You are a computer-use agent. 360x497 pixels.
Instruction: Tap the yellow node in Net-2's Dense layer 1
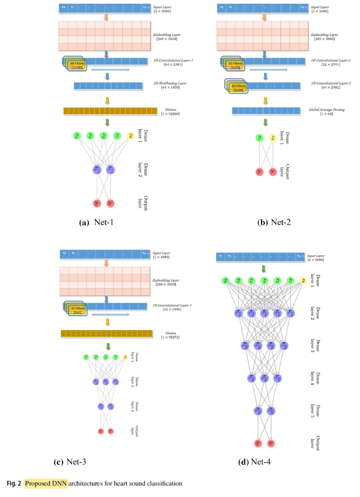click(273, 138)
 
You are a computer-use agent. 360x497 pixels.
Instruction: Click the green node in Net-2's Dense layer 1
click(259, 138)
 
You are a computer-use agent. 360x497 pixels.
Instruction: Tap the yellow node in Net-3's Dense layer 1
click(125, 357)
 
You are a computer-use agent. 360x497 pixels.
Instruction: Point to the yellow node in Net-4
click(303, 281)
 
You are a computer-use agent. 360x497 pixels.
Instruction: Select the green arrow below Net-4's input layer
click(264, 269)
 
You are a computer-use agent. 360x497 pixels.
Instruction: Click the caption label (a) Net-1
click(97, 222)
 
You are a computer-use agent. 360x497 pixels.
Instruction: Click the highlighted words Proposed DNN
click(46, 483)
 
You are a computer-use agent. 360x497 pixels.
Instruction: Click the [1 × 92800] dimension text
click(165, 113)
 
